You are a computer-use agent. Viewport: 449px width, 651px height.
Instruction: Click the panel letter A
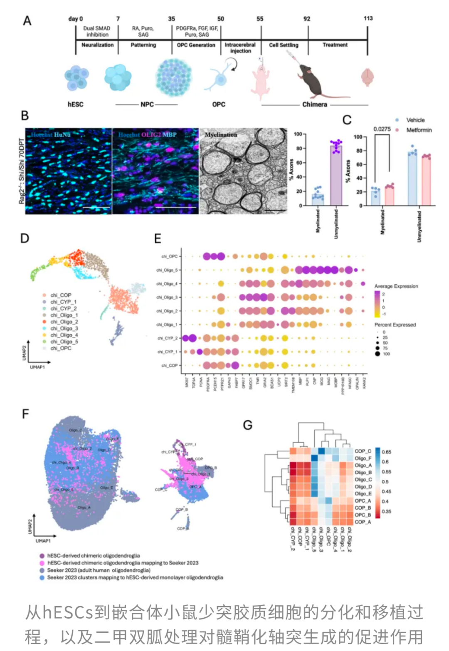pos(27,21)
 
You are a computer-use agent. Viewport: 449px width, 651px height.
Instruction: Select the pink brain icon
pos(368,77)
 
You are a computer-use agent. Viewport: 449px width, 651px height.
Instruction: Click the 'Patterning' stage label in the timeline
pos(143,45)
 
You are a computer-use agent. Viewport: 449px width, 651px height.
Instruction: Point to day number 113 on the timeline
pos(368,18)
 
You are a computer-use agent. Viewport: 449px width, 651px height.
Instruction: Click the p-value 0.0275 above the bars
pos(382,129)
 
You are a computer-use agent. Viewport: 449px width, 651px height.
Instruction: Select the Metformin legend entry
pos(419,130)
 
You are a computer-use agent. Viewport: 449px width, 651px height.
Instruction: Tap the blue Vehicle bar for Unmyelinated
pos(412,179)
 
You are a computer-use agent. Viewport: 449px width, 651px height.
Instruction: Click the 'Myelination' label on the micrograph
pos(221,135)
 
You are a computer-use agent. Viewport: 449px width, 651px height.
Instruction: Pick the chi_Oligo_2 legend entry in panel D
pos(64,322)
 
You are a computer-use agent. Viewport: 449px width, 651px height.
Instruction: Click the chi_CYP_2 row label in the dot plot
pos(168,338)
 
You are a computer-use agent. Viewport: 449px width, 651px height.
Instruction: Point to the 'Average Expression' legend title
pos(396,286)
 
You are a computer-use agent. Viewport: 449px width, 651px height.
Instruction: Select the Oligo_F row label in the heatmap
pos(363,458)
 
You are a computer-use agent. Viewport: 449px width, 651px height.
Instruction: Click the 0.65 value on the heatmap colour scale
pos(386,452)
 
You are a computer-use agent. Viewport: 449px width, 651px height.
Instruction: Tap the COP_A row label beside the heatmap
pos(363,522)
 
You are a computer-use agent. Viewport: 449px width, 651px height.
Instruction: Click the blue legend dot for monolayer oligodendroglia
pos(42,577)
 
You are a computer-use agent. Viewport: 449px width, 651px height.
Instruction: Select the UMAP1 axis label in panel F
pos(43,541)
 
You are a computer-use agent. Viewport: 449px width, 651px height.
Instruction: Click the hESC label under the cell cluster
pos(75,104)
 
